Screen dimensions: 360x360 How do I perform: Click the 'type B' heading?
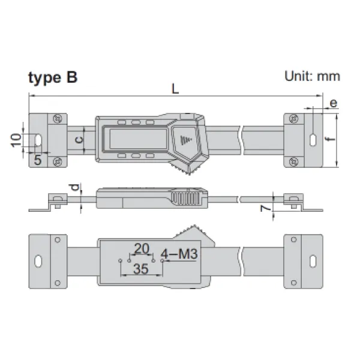(x=53, y=78)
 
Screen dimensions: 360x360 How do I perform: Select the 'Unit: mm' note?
(x=312, y=76)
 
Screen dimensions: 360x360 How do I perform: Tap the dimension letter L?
(x=175, y=89)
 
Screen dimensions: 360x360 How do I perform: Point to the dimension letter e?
(x=334, y=103)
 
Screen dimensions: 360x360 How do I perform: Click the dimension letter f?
(x=329, y=139)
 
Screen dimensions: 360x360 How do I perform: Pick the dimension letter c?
(x=79, y=140)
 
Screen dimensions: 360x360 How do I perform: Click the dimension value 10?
(x=16, y=140)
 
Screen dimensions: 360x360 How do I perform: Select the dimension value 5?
(x=38, y=160)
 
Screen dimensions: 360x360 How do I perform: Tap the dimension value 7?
(x=266, y=208)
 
